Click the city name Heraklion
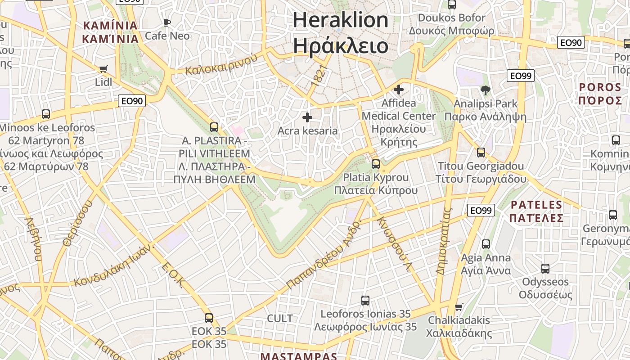click(x=340, y=20)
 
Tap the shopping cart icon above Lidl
click(x=103, y=69)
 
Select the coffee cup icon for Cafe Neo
click(x=167, y=22)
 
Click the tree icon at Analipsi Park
click(x=485, y=90)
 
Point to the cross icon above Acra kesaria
click(x=307, y=118)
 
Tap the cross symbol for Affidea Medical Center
click(x=398, y=90)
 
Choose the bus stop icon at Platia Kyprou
click(x=376, y=164)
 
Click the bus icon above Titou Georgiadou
click(x=481, y=153)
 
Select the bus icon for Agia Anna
click(x=486, y=244)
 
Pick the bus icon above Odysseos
click(x=545, y=269)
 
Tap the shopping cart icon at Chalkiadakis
click(x=459, y=307)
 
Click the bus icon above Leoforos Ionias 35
click(x=365, y=300)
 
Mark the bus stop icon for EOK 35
click(x=209, y=318)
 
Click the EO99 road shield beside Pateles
click(x=481, y=210)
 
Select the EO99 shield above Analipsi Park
click(x=520, y=76)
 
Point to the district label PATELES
click(x=537, y=205)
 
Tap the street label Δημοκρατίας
click(x=443, y=241)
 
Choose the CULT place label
click(x=280, y=319)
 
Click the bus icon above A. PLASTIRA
click(x=214, y=127)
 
